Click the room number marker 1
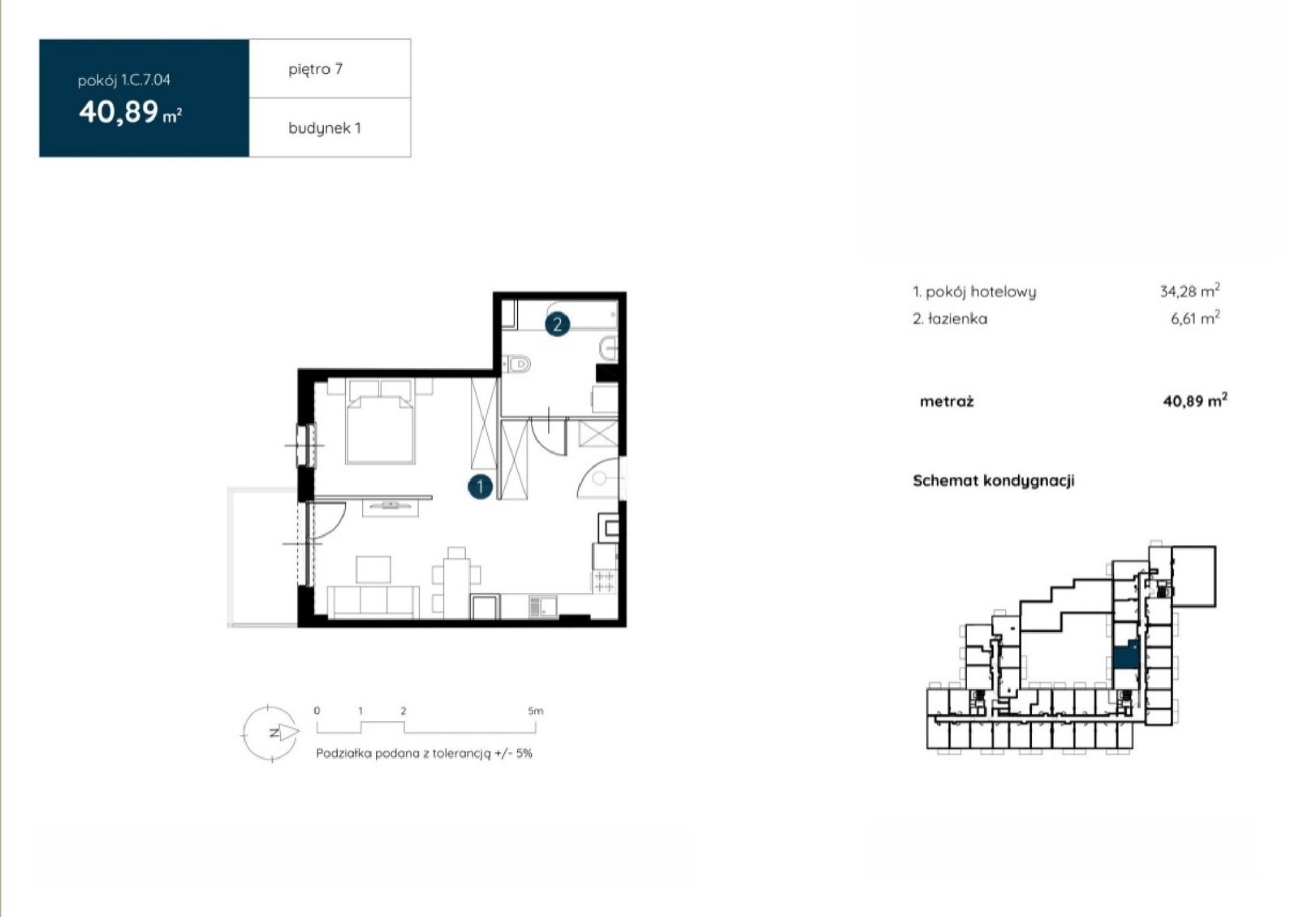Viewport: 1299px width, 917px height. (x=480, y=487)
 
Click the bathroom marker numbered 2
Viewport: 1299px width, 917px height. (x=557, y=325)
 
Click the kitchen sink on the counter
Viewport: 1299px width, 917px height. (x=543, y=606)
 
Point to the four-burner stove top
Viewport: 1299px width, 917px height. (x=604, y=582)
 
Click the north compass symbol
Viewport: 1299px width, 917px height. (x=271, y=733)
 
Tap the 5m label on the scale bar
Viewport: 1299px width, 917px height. (x=535, y=711)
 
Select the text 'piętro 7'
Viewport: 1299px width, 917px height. (x=316, y=70)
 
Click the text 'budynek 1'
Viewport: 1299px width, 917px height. (x=324, y=128)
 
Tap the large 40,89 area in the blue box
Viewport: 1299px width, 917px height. (x=119, y=111)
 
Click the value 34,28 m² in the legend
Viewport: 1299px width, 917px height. (x=1189, y=291)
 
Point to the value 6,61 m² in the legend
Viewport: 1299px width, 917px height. (x=1194, y=318)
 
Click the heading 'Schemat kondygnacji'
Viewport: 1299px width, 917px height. (x=994, y=481)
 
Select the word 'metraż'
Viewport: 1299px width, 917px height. (x=947, y=401)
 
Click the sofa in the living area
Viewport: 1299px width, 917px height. (x=373, y=602)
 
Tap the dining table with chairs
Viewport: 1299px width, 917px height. (x=456, y=582)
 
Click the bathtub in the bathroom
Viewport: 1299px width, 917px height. (x=559, y=315)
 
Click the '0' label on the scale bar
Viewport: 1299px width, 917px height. (x=317, y=711)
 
